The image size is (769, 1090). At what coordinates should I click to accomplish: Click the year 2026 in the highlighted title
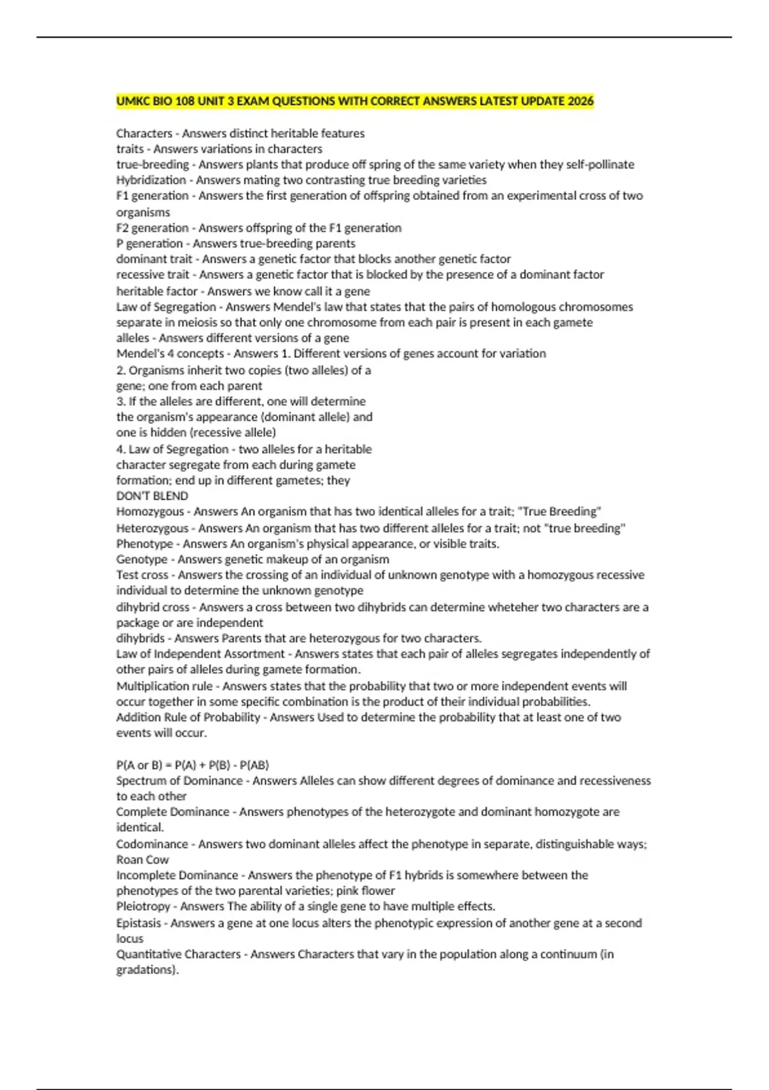coord(581,101)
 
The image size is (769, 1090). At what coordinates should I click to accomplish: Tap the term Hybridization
coord(151,180)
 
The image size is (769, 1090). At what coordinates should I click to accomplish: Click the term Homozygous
coord(150,512)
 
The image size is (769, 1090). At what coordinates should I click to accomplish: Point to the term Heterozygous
coord(153,528)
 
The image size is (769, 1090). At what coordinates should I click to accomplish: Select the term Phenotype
coord(145,544)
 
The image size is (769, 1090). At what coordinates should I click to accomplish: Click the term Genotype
coord(142,559)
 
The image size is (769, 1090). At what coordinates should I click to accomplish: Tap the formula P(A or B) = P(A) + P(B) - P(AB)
coord(192,765)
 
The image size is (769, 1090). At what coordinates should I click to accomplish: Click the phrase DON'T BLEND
coord(152,496)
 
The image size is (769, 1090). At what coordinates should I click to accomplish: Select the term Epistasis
coord(138,923)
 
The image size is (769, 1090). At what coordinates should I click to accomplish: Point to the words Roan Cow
coord(142,860)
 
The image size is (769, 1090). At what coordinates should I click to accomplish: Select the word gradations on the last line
coord(146,969)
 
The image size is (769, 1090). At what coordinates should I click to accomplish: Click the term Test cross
coord(142,575)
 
